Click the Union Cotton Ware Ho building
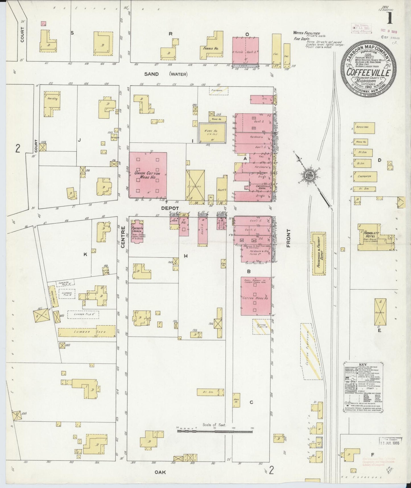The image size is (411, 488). pos(148,175)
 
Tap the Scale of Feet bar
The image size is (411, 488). pos(215,439)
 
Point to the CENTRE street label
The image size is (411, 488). pos(123,237)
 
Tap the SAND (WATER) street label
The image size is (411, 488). pos(166,74)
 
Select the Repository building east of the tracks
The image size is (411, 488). pos(364,128)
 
